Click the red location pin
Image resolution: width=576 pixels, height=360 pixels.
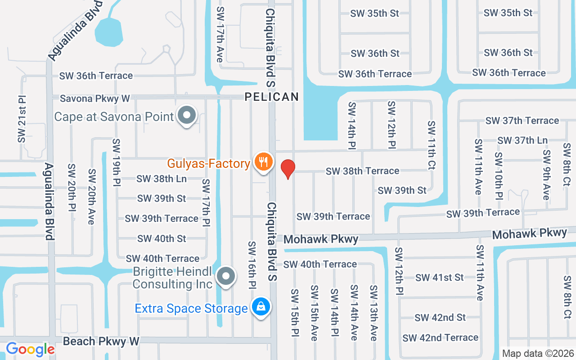(x=288, y=169)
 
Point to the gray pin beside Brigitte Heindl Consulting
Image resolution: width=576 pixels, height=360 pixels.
(x=226, y=275)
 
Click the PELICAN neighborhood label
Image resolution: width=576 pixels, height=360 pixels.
(x=272, y=97)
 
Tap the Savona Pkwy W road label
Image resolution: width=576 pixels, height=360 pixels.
(x=95, y=98)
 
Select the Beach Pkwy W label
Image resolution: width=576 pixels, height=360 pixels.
(x=101, y=342)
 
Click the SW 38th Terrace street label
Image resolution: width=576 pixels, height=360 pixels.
(x=362, y=171)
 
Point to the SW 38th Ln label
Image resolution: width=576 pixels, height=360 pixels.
(x=162, y=179)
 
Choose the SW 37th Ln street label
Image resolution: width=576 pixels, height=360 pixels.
(x=522, y=140)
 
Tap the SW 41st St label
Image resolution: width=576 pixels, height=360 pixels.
(x=439, y=278)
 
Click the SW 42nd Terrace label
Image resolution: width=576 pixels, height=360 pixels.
(x=440, y=337)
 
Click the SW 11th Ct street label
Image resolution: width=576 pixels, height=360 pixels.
(x=432, y=145)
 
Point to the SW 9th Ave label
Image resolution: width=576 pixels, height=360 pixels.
(x=546, y=175)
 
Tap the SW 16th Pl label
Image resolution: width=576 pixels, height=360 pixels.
(x=252, y=265)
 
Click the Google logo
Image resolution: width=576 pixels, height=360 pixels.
(x=30, y=349)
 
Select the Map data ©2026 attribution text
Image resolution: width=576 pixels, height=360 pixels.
(x=538, y=354)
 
